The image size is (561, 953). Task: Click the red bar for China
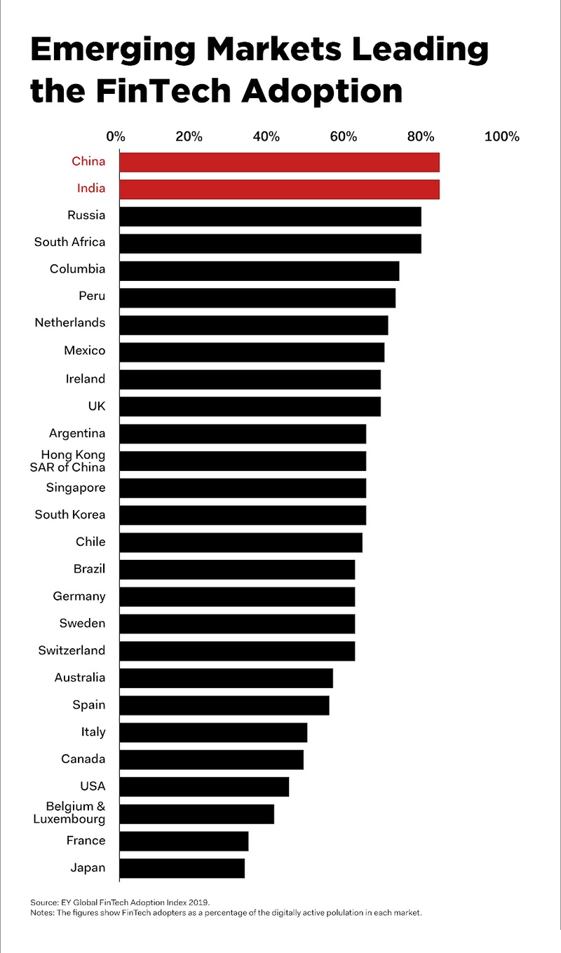(x=279, y=162)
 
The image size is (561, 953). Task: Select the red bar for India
(x=279, y=189)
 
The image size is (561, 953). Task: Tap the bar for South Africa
(x=270, y=243)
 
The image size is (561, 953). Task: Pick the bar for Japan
(x=182, y=868)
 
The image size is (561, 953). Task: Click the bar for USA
(x=204, y=787)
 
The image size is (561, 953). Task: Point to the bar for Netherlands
(x=253, y=324)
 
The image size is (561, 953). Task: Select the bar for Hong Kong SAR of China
(x=243, y=460)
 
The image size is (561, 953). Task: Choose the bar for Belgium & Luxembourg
(x=196, y=814)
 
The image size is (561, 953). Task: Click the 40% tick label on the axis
(x=266, y=136)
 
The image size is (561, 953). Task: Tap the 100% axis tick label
(x=501, y=136)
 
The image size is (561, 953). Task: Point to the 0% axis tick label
(x=115, y=136)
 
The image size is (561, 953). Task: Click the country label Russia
(x=86, y=215)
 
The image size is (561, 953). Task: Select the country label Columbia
(x=77, y=269)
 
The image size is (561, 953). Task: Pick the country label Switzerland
(x=72, y=650)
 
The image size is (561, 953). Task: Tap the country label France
(x=86, y=840)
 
